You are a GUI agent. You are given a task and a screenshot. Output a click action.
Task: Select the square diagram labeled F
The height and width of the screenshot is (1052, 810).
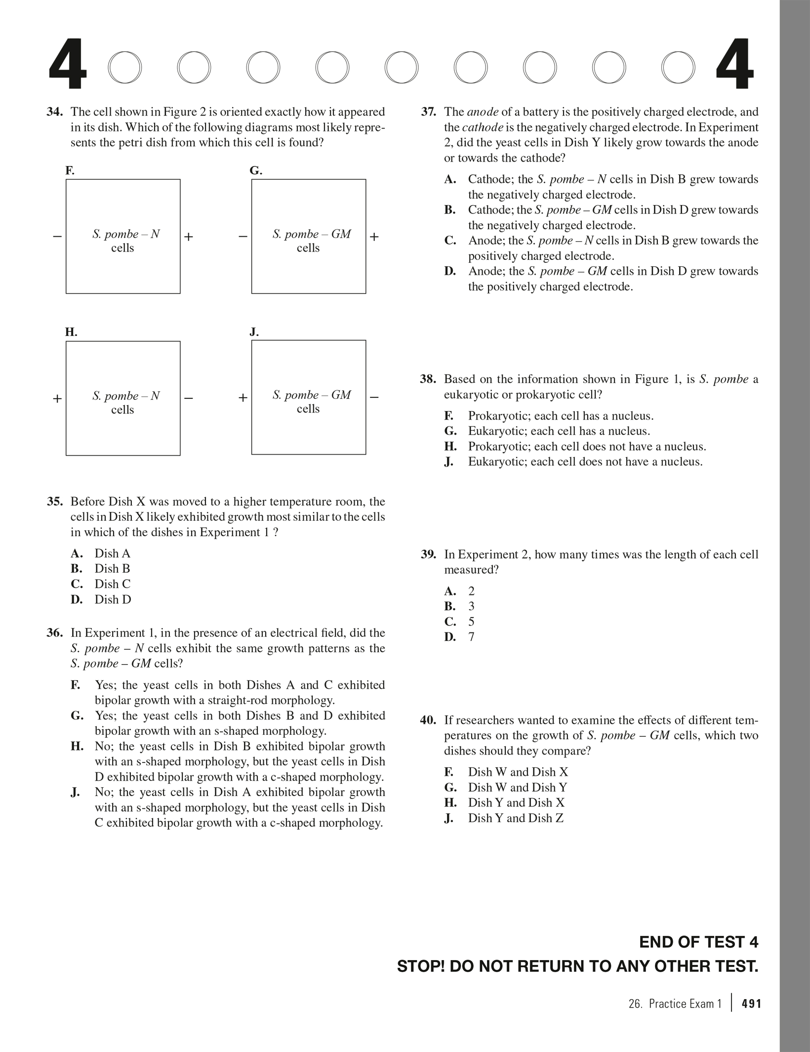pos(123,236)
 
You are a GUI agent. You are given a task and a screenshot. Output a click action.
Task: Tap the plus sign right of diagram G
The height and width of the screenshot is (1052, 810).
pos(374,237)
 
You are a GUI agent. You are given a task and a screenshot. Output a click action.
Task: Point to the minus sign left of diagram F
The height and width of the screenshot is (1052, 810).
pos(57,237)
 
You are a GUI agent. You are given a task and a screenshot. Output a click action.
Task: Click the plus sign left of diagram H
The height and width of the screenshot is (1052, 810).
pos(57,398)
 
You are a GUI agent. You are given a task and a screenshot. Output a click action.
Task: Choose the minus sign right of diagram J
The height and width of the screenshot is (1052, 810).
pos(374,397)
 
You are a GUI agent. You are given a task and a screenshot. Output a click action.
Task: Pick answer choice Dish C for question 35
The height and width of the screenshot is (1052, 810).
pos(113,584)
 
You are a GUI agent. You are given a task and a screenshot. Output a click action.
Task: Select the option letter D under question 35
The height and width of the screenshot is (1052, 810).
pos(77,599)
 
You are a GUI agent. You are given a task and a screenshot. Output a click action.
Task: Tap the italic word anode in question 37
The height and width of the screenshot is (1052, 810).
pos(482,112)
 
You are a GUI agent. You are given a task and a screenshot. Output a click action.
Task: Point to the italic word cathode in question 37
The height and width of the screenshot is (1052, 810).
pos(482,127)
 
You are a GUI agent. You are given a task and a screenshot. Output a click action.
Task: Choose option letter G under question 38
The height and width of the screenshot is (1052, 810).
pos(450,431)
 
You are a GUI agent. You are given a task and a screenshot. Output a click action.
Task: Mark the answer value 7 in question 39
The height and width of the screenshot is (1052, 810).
pos(471,637)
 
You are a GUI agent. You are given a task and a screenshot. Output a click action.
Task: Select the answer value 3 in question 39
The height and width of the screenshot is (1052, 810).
pos(471,606)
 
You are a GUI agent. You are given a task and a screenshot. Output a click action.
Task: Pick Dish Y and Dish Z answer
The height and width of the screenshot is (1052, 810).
pos(516,818)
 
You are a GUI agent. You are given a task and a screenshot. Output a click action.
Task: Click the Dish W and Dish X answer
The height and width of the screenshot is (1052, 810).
pos(518,772)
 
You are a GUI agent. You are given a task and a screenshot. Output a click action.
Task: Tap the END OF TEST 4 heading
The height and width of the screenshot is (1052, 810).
pos(698,942)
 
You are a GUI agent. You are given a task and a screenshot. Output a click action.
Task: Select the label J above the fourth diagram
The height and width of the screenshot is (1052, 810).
pos(254,332)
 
